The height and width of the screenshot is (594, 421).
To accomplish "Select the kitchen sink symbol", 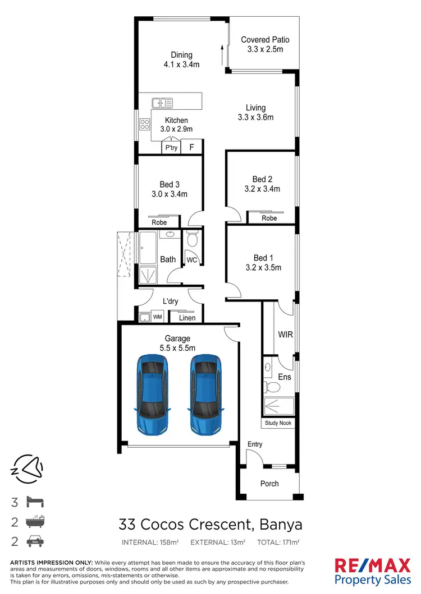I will click(162, 103).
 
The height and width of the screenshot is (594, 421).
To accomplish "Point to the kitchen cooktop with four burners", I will click(144, 125).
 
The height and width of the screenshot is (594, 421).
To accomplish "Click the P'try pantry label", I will click(171, 147).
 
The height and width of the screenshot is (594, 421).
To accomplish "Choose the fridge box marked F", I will click(191, 147).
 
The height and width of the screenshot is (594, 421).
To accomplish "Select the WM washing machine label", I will click(157, 318).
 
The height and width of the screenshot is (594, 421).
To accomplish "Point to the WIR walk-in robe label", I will click(286, 335).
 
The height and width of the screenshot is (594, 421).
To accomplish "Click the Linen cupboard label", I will click(187, 318).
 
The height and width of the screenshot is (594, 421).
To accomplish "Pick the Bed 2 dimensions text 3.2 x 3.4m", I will click(262, 189).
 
